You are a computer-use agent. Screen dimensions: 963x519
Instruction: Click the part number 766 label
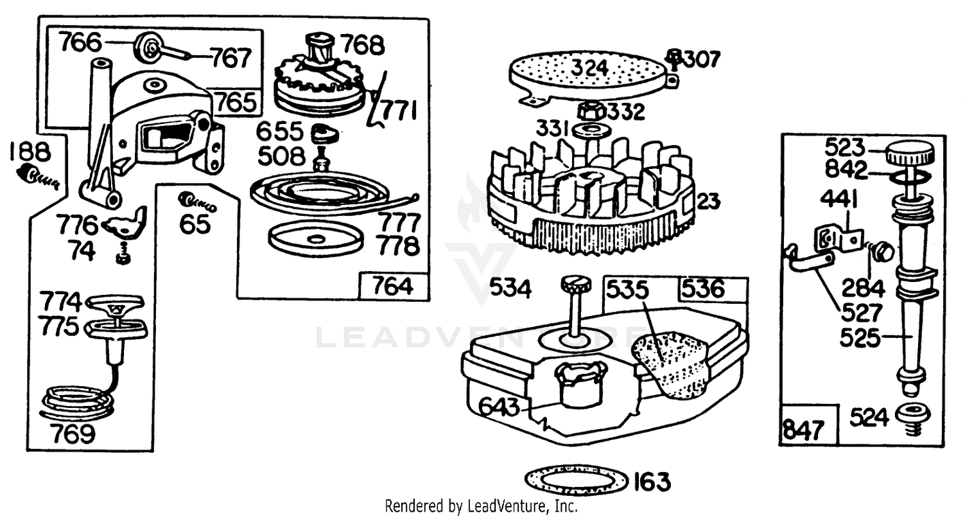click(x=81, y=42)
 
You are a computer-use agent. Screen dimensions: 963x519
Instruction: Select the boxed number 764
click(x=392, y=286)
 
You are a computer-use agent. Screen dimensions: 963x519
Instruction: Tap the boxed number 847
click(x=803, y=430)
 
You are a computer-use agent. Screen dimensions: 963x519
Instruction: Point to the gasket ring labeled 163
click(x=577, y=480)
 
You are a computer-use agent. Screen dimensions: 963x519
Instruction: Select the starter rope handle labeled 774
click(x=115, y=303)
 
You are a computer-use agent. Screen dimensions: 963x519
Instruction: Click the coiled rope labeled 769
click(x=78, y=402)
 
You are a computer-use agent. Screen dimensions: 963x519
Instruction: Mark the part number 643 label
click(x=499, y=407)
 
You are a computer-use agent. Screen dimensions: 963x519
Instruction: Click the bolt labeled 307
click(x=675, y=60)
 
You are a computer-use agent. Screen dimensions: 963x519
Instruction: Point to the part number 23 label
click(x=708, y=201)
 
